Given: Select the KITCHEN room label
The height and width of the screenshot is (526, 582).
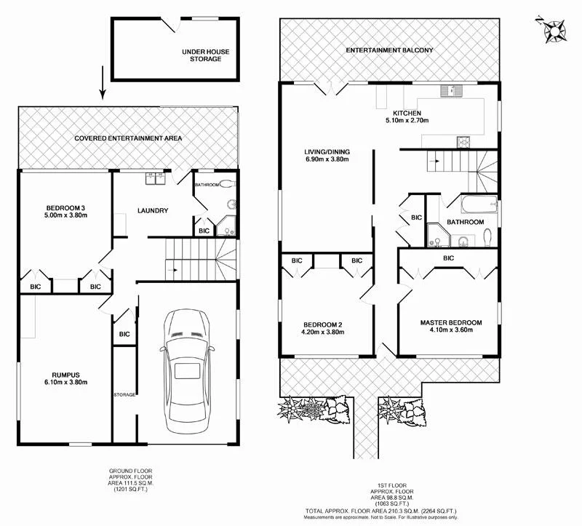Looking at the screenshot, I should [407, 113].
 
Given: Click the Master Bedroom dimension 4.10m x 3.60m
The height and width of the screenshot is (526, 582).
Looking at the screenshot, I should [450, 330].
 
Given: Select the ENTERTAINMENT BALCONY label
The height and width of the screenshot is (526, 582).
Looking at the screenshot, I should [389, 50].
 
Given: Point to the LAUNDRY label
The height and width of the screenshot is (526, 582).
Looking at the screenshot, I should [153, 211].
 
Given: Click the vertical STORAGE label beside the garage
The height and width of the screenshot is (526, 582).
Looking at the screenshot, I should [124, 394].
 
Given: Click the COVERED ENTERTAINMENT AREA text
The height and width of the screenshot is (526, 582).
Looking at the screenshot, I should [128, 138].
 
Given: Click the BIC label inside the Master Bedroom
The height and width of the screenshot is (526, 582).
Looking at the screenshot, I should [448, 258].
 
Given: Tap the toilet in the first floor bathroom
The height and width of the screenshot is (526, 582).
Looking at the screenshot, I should [488, 235].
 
